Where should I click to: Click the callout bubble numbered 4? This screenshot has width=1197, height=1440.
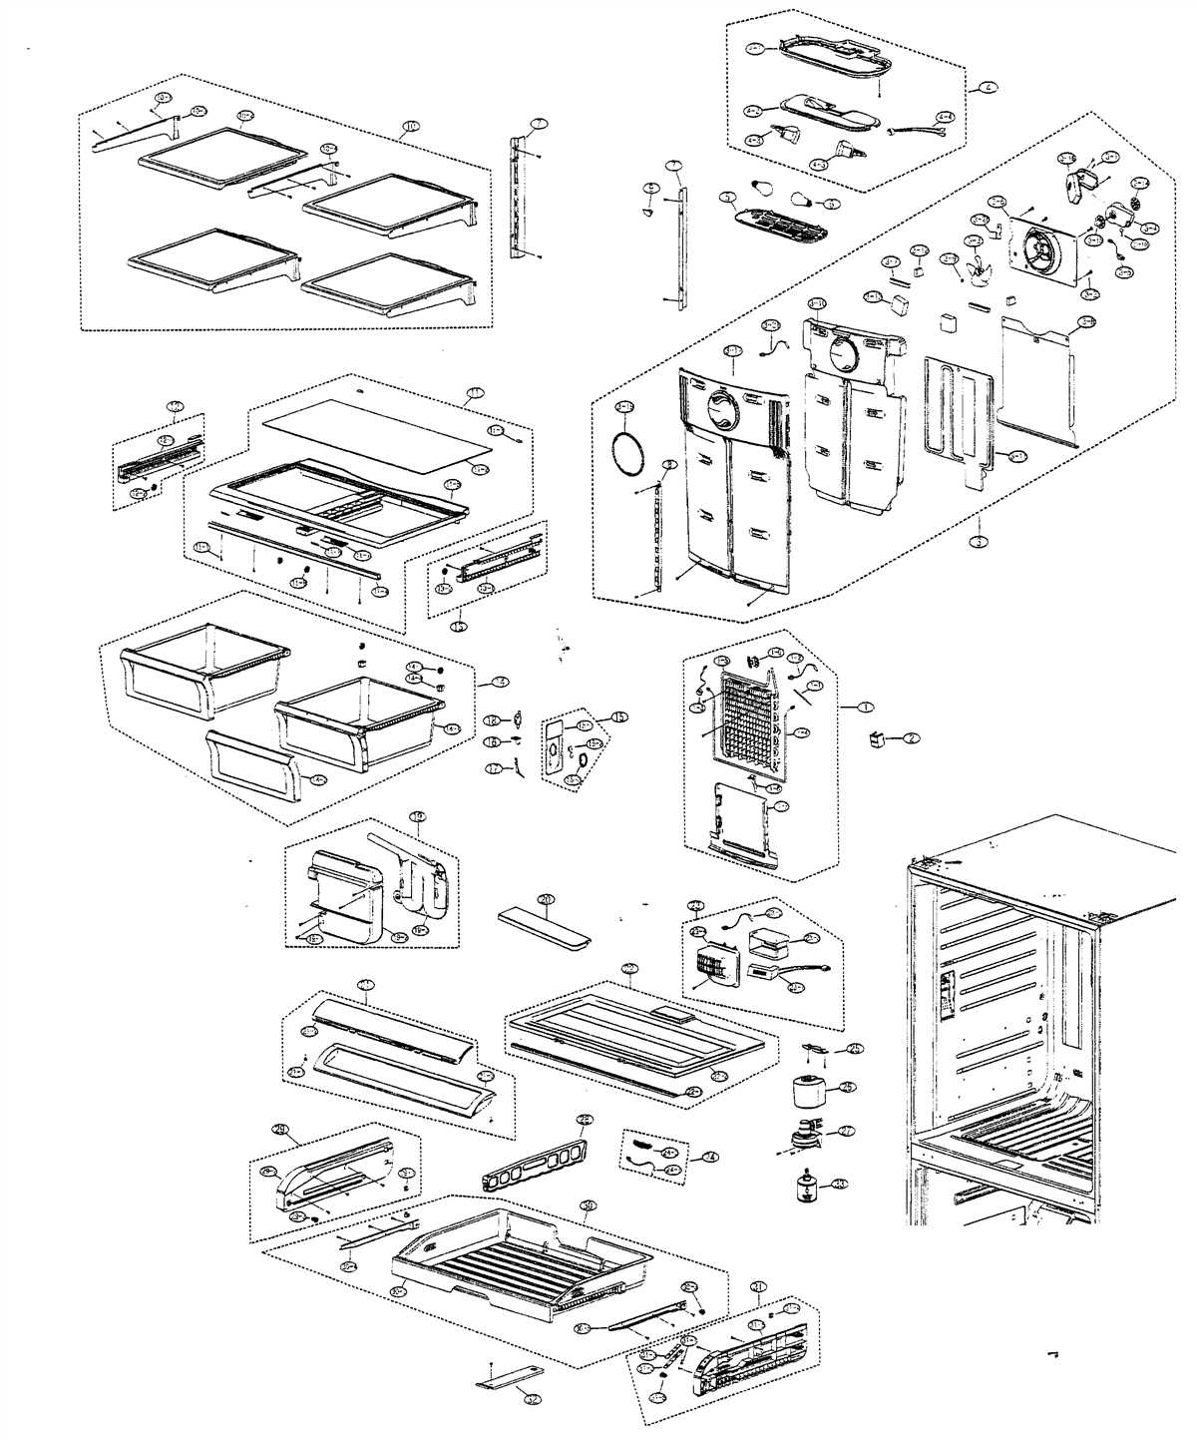[x=988, y=87]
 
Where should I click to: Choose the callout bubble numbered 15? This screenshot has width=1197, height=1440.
[x=618, y=717]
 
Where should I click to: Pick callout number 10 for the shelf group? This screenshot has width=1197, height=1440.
[x=410, y=128]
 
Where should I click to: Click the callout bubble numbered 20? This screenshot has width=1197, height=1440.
[x=545, y=899]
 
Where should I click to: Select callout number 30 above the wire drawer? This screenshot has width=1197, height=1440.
[x=589, y=1205]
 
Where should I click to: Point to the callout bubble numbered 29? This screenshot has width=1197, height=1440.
[x=280, y=1129]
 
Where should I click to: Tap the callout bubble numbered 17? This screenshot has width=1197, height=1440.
[x=493, y=768]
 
